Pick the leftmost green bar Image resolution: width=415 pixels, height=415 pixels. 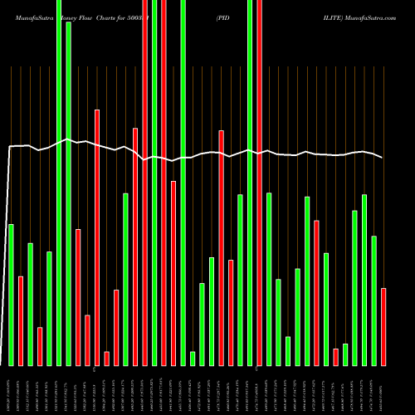point(11,295)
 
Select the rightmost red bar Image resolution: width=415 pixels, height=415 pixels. point(383,326)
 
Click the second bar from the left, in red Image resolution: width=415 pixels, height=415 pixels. point(21,320)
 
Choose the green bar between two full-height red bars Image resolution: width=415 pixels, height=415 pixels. point(154,183)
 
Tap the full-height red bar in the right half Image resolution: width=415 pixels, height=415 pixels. point(259,183)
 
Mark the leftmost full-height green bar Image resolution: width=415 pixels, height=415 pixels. point(59,183)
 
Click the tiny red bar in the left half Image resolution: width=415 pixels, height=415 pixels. point(106,359)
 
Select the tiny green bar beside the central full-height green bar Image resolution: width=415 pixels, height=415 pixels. point(193,359)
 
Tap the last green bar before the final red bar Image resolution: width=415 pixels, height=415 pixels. point(373,300)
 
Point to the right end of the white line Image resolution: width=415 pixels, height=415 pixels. point(383,158)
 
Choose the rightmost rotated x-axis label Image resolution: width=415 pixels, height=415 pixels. point(383,391)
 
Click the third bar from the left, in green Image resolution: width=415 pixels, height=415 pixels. point(30,304)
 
